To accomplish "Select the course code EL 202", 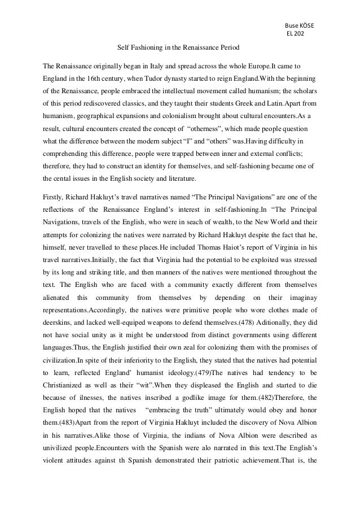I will [x=295, y=34].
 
